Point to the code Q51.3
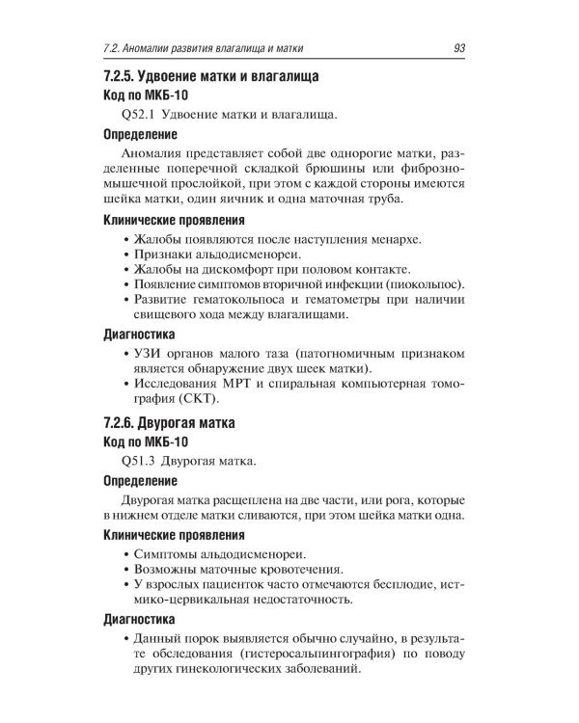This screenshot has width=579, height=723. (131, 462)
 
